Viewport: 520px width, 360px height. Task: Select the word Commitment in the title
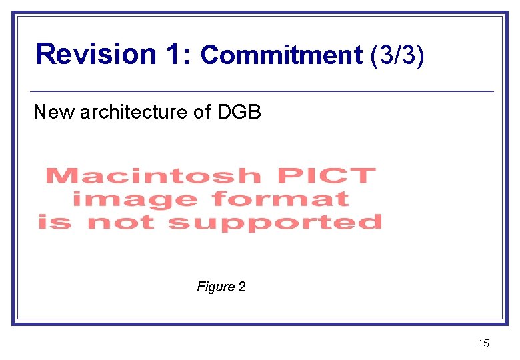pyautogui.click(x=281, y=55)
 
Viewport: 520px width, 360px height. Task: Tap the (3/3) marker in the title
pyautogui.click(x=396, y=55)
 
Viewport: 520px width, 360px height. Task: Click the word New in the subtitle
pyautogui.click(x=54, y=112)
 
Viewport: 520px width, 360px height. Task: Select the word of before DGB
pyautogui.click(x=202, y=112)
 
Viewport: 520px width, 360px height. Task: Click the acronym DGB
pyautogui.click(x=239, y=112)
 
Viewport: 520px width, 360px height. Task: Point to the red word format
pyautogui.click(x=280, y=199)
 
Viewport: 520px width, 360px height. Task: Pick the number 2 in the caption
pyautogui.click(x=242, y=287)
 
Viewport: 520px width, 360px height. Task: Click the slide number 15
pyautogui.click(x=483, y=344)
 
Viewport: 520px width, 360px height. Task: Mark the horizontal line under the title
pyautogui.click(x=262, y=91)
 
